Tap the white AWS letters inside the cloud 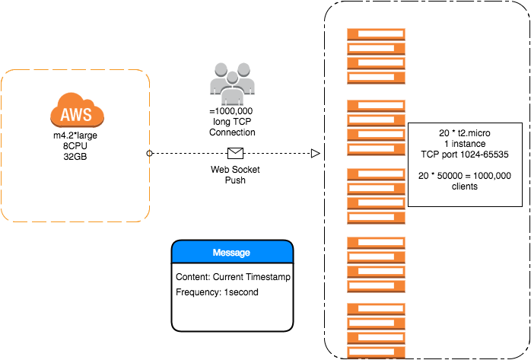[x=77, y=116]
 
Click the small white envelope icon [x=235, y=153]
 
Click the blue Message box [x=232, y=252]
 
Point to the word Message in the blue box [x=231, y=253]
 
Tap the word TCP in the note [x=431, y=155]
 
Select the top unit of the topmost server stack [x=376, y=34]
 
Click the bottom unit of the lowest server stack [x=376, y=352]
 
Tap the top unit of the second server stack [x=376, y=106]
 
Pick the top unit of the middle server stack [x=376, y=174]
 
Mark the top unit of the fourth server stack [x=376, y=243]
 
